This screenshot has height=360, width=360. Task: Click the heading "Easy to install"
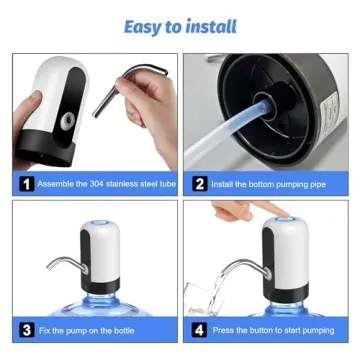[x=180, y=25]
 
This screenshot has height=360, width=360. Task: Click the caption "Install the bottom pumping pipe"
[x=265, y=184]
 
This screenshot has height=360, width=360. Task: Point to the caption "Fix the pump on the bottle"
[x=86, y=329]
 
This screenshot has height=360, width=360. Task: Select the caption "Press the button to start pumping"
[x=272, y=329]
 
